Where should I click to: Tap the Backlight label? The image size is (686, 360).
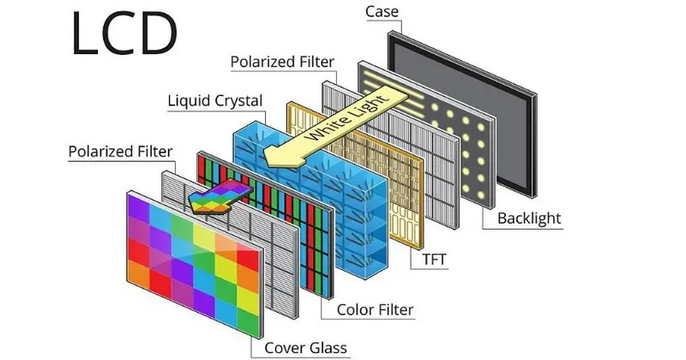point(529,219)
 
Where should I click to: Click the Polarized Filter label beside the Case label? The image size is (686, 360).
point(283,63)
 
